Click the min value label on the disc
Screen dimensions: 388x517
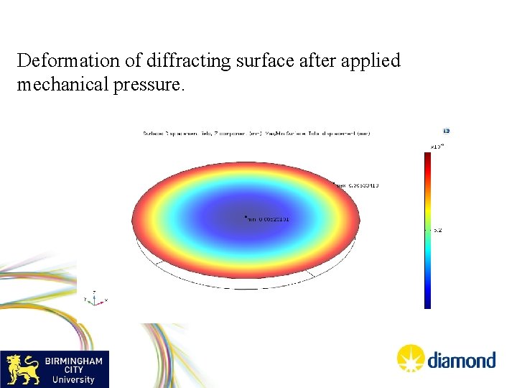(266, 219)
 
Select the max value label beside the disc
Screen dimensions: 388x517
(355, 185)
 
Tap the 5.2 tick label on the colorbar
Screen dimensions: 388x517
(437, 231)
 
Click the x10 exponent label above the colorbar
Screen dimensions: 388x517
(437, 146)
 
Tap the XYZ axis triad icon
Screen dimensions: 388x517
(95, 297)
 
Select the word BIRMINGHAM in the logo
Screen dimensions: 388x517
(74, 361)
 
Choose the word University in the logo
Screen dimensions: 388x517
(73, 379)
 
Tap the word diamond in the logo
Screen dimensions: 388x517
(462, 360)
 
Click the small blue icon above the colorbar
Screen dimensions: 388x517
(446, 131)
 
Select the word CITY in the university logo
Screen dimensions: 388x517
(73, 370)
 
